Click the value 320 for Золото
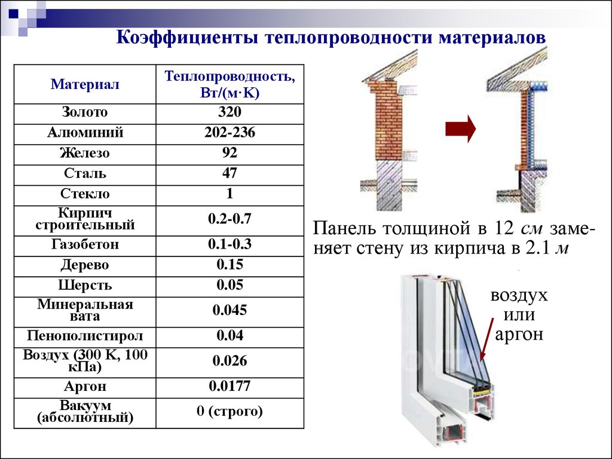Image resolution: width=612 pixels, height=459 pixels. pyautogui.click(x=229, y=112)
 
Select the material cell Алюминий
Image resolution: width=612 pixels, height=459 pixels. pyautogui.click(x=85, y=132)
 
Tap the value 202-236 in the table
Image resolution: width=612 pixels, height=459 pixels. pyautogui.click(x=229, y=132)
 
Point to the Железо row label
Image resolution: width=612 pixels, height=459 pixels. pyautogui.click(x=85, y=152)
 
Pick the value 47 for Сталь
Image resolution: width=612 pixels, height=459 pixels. pyautogui.click(x=229, y=173)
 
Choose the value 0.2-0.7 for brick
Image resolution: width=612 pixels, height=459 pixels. pyautogui.click(x=229, y=219)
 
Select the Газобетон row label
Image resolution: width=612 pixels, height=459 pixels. pyautogui.click(x=85, y=244)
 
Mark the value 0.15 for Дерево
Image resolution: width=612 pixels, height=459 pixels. pyautogui.click(x=229, y=265)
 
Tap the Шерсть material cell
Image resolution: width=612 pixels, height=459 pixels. pyautogui.click(x=85, y=285)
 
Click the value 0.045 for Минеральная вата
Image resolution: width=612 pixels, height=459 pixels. pyautogui.click(x=229, y=310)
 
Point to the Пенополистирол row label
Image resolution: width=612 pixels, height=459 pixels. pyautogui.click(x=85, y=336)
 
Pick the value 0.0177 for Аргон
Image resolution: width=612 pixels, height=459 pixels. pyautogui.click(x=229, y=386)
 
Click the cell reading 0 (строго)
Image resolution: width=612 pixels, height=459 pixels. pyautogui.click(x=229, y=411)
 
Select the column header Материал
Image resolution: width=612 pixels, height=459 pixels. pyautogui.click(x=85, y=84)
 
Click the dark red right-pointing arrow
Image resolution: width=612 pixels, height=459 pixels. pyautogui.click(x=461, y=129)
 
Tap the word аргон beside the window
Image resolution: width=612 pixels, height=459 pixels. pyautogui.click(x=519, y=335)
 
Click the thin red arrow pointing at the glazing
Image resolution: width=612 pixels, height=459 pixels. pyautogui.click(x=487, y=339)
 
